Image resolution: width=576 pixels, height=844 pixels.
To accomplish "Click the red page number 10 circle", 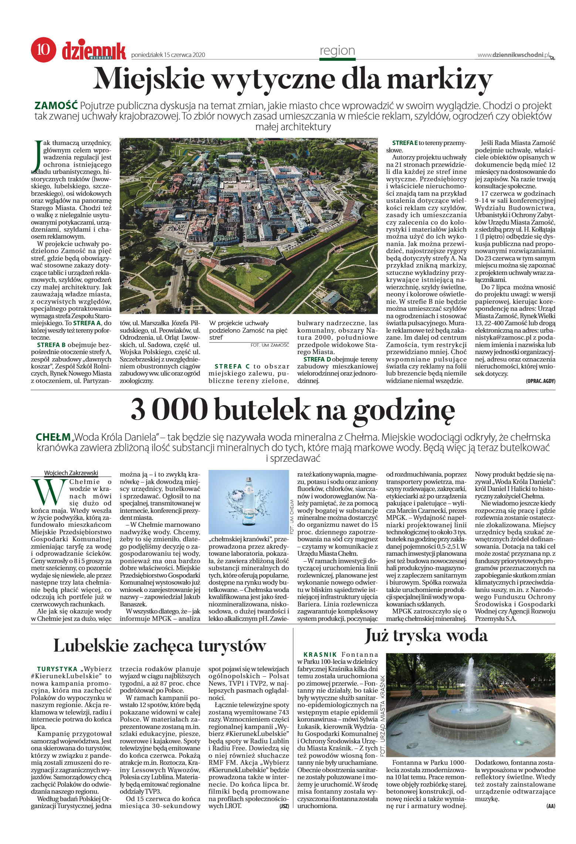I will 44,49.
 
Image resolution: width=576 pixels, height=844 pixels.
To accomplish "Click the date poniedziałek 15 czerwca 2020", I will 168,55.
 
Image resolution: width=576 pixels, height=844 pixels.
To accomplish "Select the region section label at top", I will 337,51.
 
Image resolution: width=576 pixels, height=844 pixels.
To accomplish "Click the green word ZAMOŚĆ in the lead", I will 55,105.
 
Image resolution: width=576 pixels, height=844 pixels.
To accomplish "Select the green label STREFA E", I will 405,142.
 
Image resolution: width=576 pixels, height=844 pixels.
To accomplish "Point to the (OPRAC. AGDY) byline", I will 540,381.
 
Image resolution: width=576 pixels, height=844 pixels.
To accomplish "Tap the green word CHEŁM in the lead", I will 52,437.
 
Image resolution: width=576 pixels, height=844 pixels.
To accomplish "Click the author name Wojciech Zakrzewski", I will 71,473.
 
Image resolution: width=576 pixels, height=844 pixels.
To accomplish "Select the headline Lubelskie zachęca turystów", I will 160,645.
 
